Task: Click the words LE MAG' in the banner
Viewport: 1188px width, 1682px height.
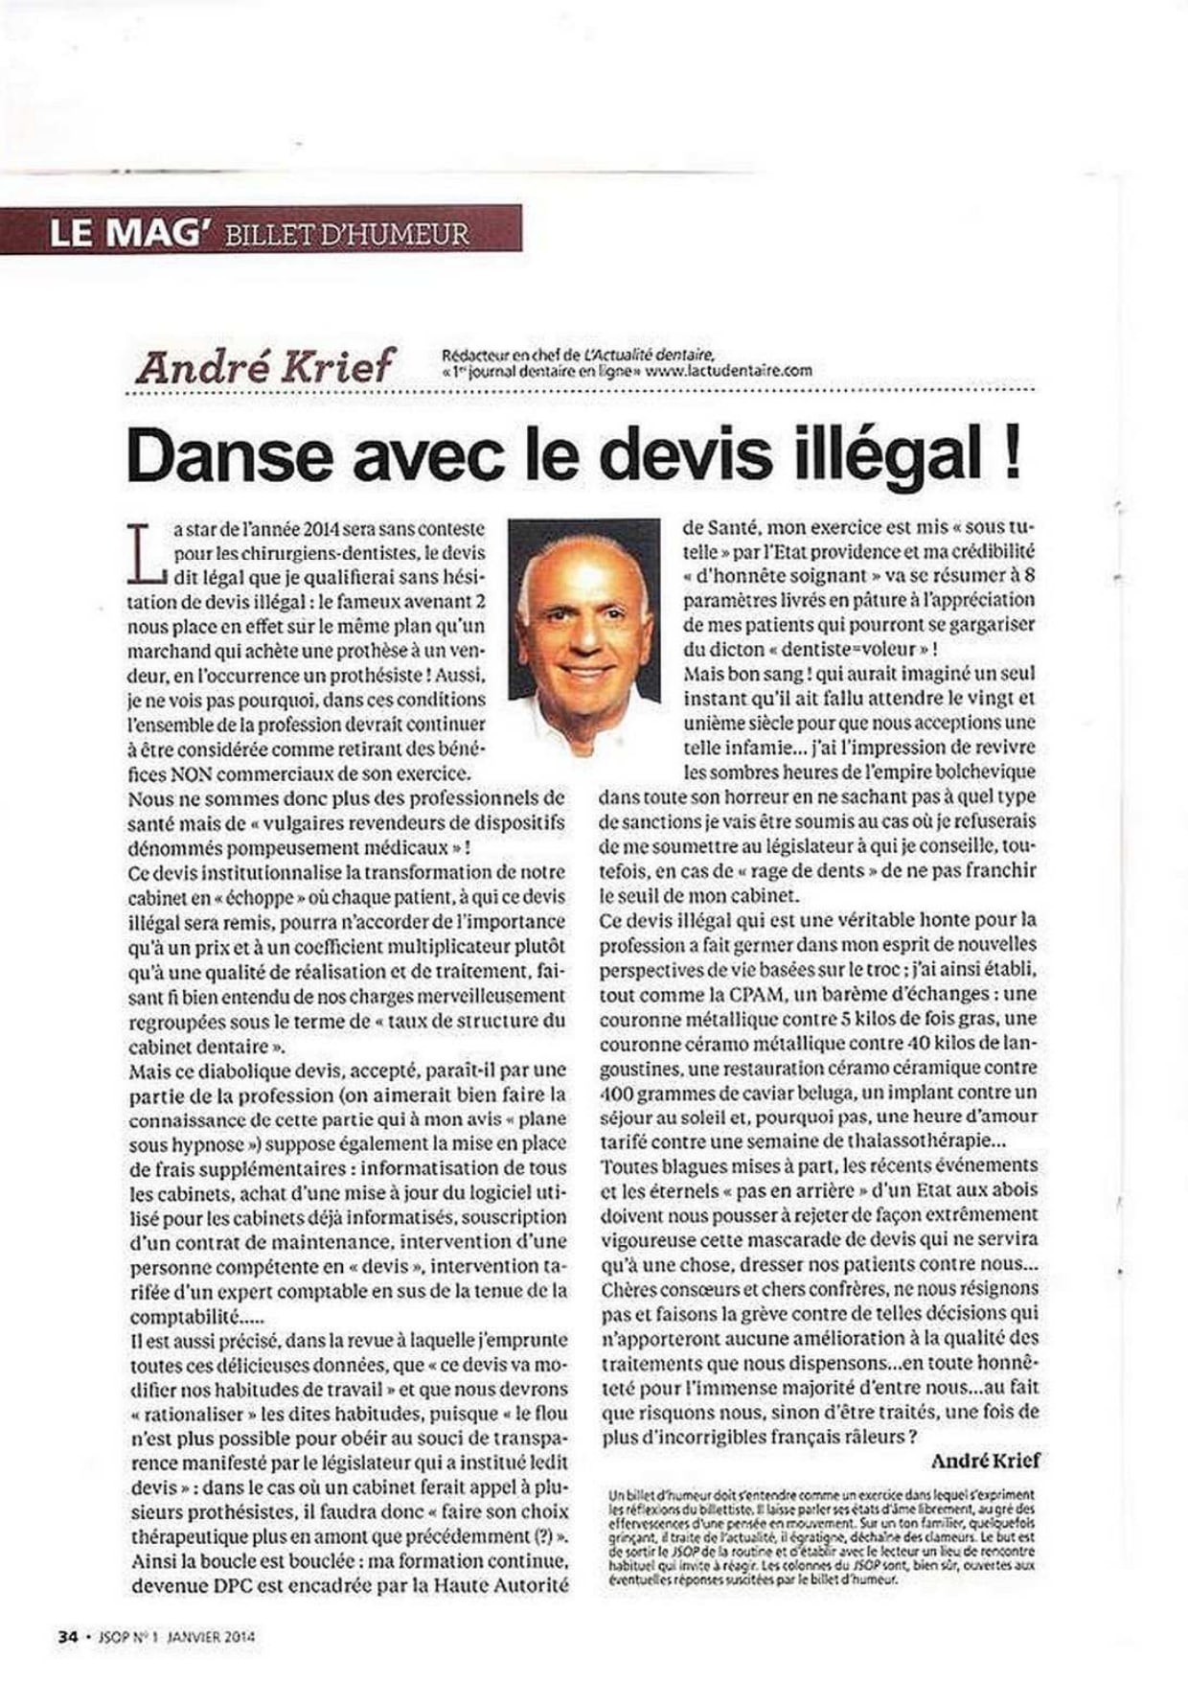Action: click(123, 232)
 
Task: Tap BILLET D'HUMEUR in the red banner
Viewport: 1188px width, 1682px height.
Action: click(346, 234)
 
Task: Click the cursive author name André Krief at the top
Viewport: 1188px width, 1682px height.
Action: click(264, 366)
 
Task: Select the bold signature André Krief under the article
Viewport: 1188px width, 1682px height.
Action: click(985, 1461)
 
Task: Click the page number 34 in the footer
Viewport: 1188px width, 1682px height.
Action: click(67, 1637)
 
